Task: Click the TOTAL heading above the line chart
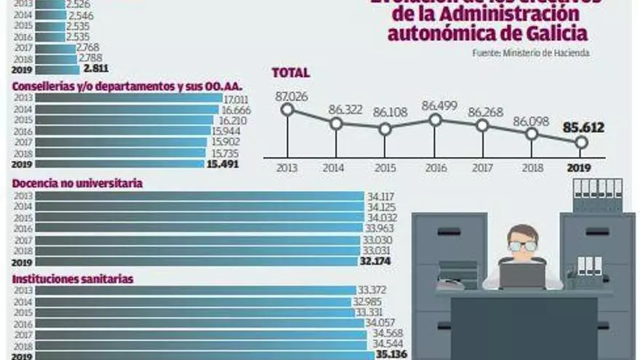(x=290, y=73)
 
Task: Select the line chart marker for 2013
(x=287, y=110)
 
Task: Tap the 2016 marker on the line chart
(x=434, y=120)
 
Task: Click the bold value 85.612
(x=583, y=129)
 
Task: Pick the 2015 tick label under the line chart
(x=385, y=167)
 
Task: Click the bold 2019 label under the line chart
(x=580, y=167)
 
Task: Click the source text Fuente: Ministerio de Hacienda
(x=530, y=53)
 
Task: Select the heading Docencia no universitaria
(x=77, y=183)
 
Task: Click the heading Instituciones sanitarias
(x=73, y=278)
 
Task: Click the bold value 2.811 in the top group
(x=96, y=69)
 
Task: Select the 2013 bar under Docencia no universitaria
(x=199, y=196)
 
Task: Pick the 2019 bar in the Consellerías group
(x=119, y=164)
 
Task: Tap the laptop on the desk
(x=521, y=275)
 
